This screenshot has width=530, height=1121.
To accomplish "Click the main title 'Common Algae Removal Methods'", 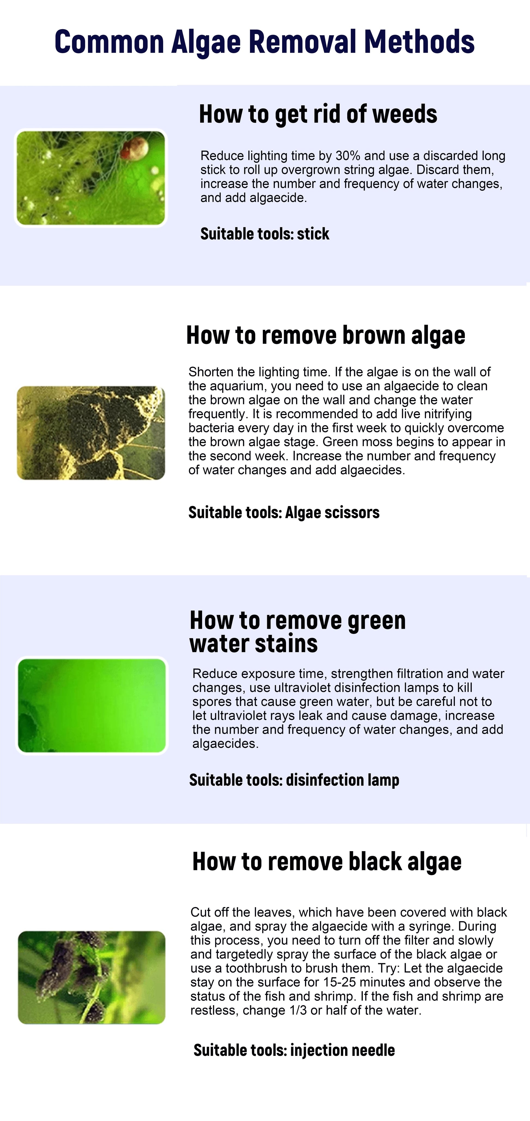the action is (264, 42).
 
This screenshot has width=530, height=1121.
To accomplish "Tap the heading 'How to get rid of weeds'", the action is (318, 114).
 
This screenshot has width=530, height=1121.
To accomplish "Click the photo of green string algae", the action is (91, 178).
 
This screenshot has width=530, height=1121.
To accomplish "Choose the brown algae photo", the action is (91, 433).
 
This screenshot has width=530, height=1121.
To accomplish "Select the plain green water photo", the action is (92, 705).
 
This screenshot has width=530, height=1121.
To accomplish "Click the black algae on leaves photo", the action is (92, 977).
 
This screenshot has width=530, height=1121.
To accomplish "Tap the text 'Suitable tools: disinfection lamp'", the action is (294, 780).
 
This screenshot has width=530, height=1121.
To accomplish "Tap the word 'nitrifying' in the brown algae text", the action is (444, 414).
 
